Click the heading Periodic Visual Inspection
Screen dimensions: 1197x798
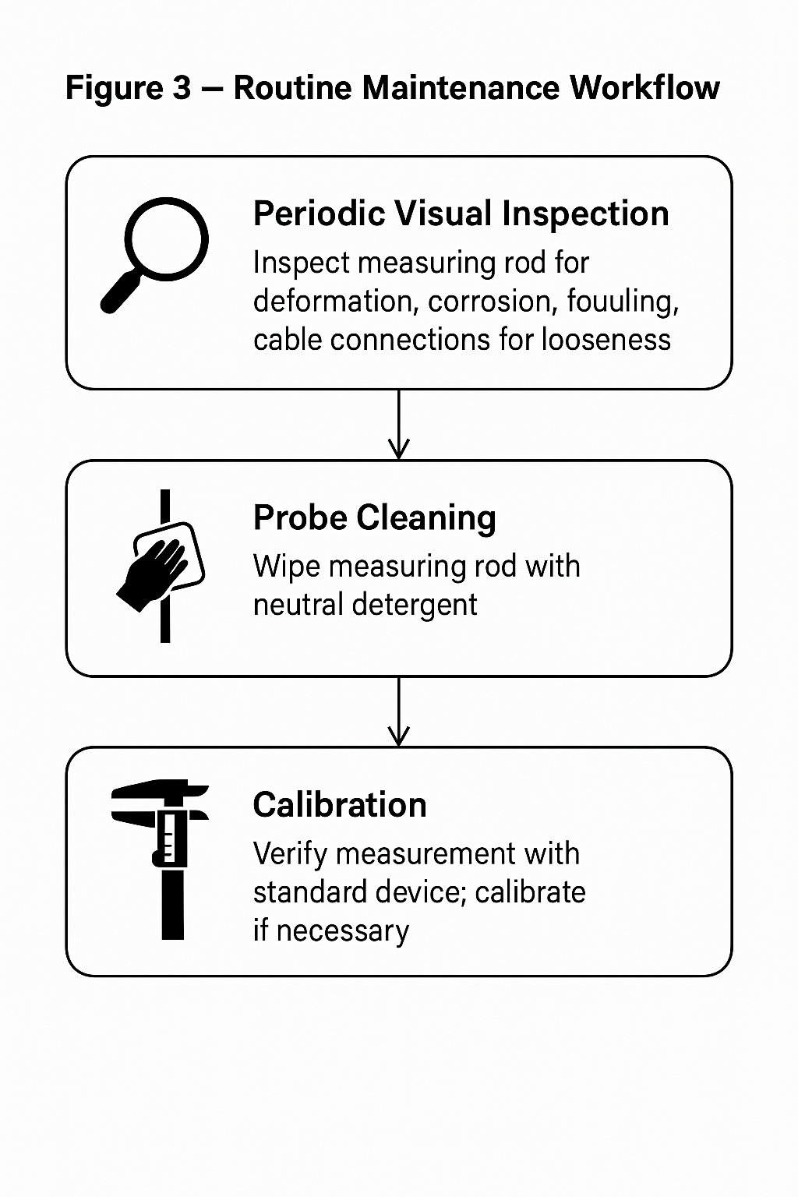click(x=461, y=214)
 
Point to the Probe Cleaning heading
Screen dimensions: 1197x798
click(x=374, y=517)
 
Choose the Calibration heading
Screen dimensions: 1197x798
click(x=340, y=805)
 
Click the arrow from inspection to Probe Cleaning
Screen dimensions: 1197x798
click(x=399, y=425)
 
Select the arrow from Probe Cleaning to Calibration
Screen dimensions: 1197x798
click(x=399, y=711)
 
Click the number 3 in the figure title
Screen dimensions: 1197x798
click(x=182, y=87)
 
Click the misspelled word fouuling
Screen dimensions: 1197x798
click(x=623, y=302)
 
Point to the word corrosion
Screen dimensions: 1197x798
click(x=493, y=302)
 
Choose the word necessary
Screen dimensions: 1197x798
click(x=343, y=931)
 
